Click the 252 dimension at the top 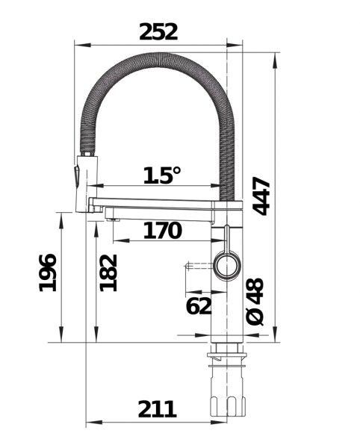coord(158,31)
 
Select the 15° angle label coord(161,175)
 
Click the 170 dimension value coord(161,231)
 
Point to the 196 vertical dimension coord(47,273)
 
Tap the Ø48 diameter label coord(255,302)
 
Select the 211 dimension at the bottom coord(157,408)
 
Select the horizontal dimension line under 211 coord(157,423)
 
